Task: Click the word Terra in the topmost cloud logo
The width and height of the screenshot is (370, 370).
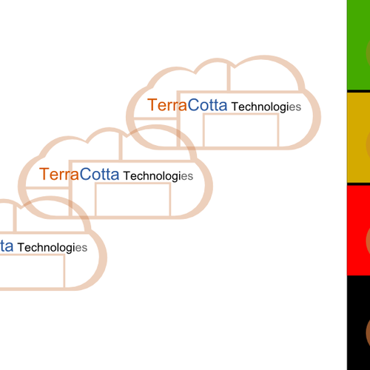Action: pos(167,105)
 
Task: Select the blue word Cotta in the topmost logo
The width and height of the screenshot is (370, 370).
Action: pos(207,105)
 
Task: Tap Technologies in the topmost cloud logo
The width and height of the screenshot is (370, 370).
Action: pos(266,107)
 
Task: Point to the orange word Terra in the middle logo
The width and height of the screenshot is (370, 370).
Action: pos(59,174)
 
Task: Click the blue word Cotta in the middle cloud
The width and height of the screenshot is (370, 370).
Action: pos(99,174)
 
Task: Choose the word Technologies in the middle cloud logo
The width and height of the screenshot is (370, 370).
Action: pos(158,176)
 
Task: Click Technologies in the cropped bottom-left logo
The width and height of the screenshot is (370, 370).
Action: pos(53,248)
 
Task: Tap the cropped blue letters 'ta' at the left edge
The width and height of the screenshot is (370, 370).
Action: pos(7,246)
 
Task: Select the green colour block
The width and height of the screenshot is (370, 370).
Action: pos(358,45)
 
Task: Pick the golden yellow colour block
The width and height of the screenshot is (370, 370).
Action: pos(358,138)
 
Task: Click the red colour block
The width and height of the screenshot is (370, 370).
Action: pos(358,230)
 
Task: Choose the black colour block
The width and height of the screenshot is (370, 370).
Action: pos(358,323)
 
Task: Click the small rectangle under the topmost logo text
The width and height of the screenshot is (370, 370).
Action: pos(241,113)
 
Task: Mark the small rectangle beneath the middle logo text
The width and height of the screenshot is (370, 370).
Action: pos(133,183)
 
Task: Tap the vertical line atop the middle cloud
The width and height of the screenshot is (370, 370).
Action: pos(121,147)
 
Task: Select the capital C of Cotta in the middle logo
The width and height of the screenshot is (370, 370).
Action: pos(85,174)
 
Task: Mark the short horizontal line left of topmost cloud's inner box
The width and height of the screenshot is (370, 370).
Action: pos(155,118)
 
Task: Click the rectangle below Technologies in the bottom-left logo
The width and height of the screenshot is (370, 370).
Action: pos(64,272)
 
